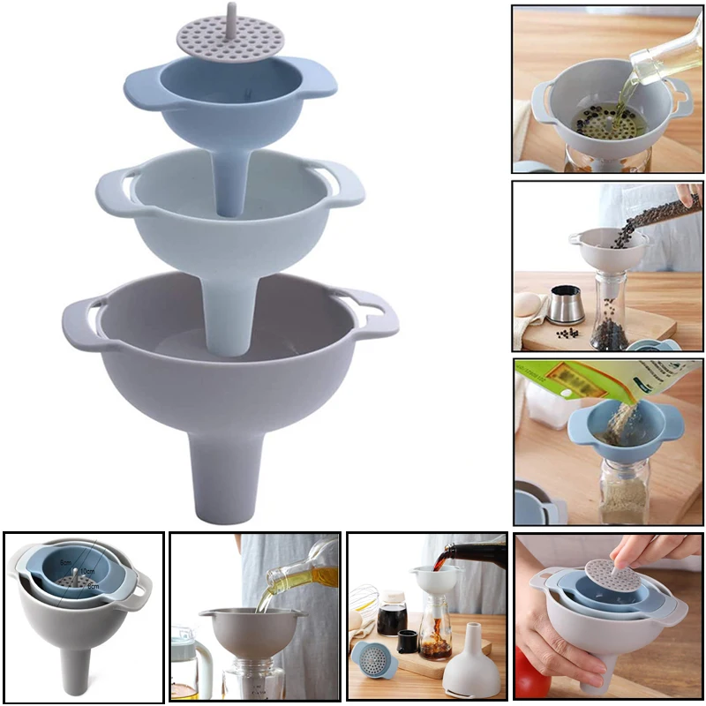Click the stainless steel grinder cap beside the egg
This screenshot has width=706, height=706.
[x=566, y=304]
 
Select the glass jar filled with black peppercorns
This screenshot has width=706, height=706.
[x=609, y=309]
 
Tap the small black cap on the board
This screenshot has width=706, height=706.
[x=408, y=642]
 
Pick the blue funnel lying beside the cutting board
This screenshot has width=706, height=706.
[x=375, y=657]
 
